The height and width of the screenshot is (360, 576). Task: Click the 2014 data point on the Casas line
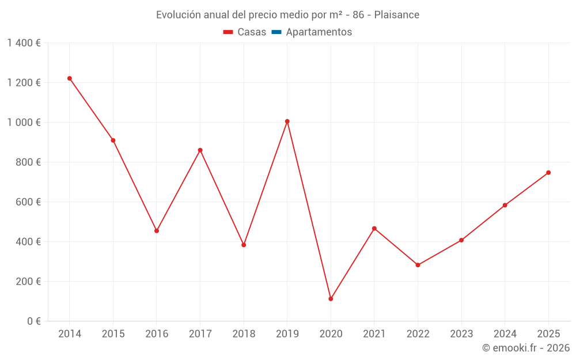[x=70, y=78]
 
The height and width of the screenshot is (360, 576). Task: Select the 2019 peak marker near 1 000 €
[x=287, y=121]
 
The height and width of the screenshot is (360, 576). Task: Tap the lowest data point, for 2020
[x=331, y=298]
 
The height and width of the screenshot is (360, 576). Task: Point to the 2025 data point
[x=548, y=173]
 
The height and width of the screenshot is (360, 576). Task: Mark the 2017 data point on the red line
[x=200, y=150]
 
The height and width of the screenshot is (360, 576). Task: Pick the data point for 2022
[x=418, y=265]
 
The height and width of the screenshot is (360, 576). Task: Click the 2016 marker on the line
[x=157, y=231]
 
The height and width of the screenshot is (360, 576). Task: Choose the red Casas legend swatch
[x=228, y=32]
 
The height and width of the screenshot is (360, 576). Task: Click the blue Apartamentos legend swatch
[x=276, y=32]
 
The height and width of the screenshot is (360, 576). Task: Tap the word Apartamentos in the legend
[x=319, y=32]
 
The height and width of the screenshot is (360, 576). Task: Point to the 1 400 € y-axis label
[x=24, y=43]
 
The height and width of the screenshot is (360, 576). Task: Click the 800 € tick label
[x=28, y=162]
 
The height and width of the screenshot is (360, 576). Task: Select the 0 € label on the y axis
[x=34, y=321]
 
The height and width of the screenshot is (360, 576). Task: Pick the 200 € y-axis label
[x=28, y=282]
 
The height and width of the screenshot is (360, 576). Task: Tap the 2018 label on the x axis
[x=244, y=334]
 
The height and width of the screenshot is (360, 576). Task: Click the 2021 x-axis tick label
[x=374, y=334]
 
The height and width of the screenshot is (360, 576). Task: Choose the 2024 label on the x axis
[x=505, y=334]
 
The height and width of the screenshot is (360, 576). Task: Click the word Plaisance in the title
[x=397, y=15]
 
